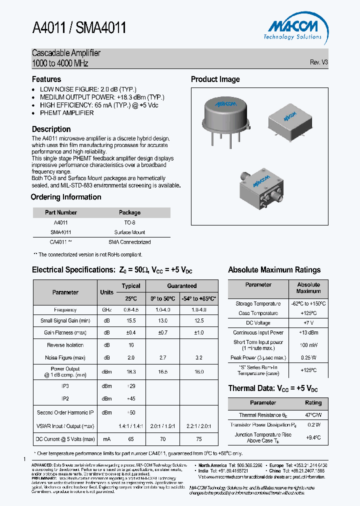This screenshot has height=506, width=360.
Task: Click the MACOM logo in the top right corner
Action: (x=292, y=29)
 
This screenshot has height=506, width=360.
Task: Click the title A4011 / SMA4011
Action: (x=79, y=28)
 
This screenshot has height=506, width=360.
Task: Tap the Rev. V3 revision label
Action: (x=318, y=62)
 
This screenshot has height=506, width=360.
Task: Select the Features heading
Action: (x=46, y=79)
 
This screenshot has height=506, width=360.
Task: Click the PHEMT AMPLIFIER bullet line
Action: (x=66, y=113)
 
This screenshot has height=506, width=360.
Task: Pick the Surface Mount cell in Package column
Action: (x=129, y=232)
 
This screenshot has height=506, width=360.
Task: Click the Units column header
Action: (x=106, y=292)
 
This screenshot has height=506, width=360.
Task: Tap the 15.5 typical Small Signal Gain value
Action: (x=131, y=321)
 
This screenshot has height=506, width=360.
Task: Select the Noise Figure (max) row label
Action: (x=65, y=357)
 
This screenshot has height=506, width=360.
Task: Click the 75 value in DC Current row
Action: (x=199, y=439)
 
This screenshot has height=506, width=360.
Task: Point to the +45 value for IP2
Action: (x=131, y=398)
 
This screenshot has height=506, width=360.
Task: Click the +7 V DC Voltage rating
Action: (x=308, y=323)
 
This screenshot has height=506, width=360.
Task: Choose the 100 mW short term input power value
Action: (x=308, y=345)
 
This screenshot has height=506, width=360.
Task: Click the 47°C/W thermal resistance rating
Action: (x=313, y=415)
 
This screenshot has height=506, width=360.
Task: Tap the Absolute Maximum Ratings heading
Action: (x=274, y=270)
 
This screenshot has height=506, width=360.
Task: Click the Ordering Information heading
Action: (x=66, y=197)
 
